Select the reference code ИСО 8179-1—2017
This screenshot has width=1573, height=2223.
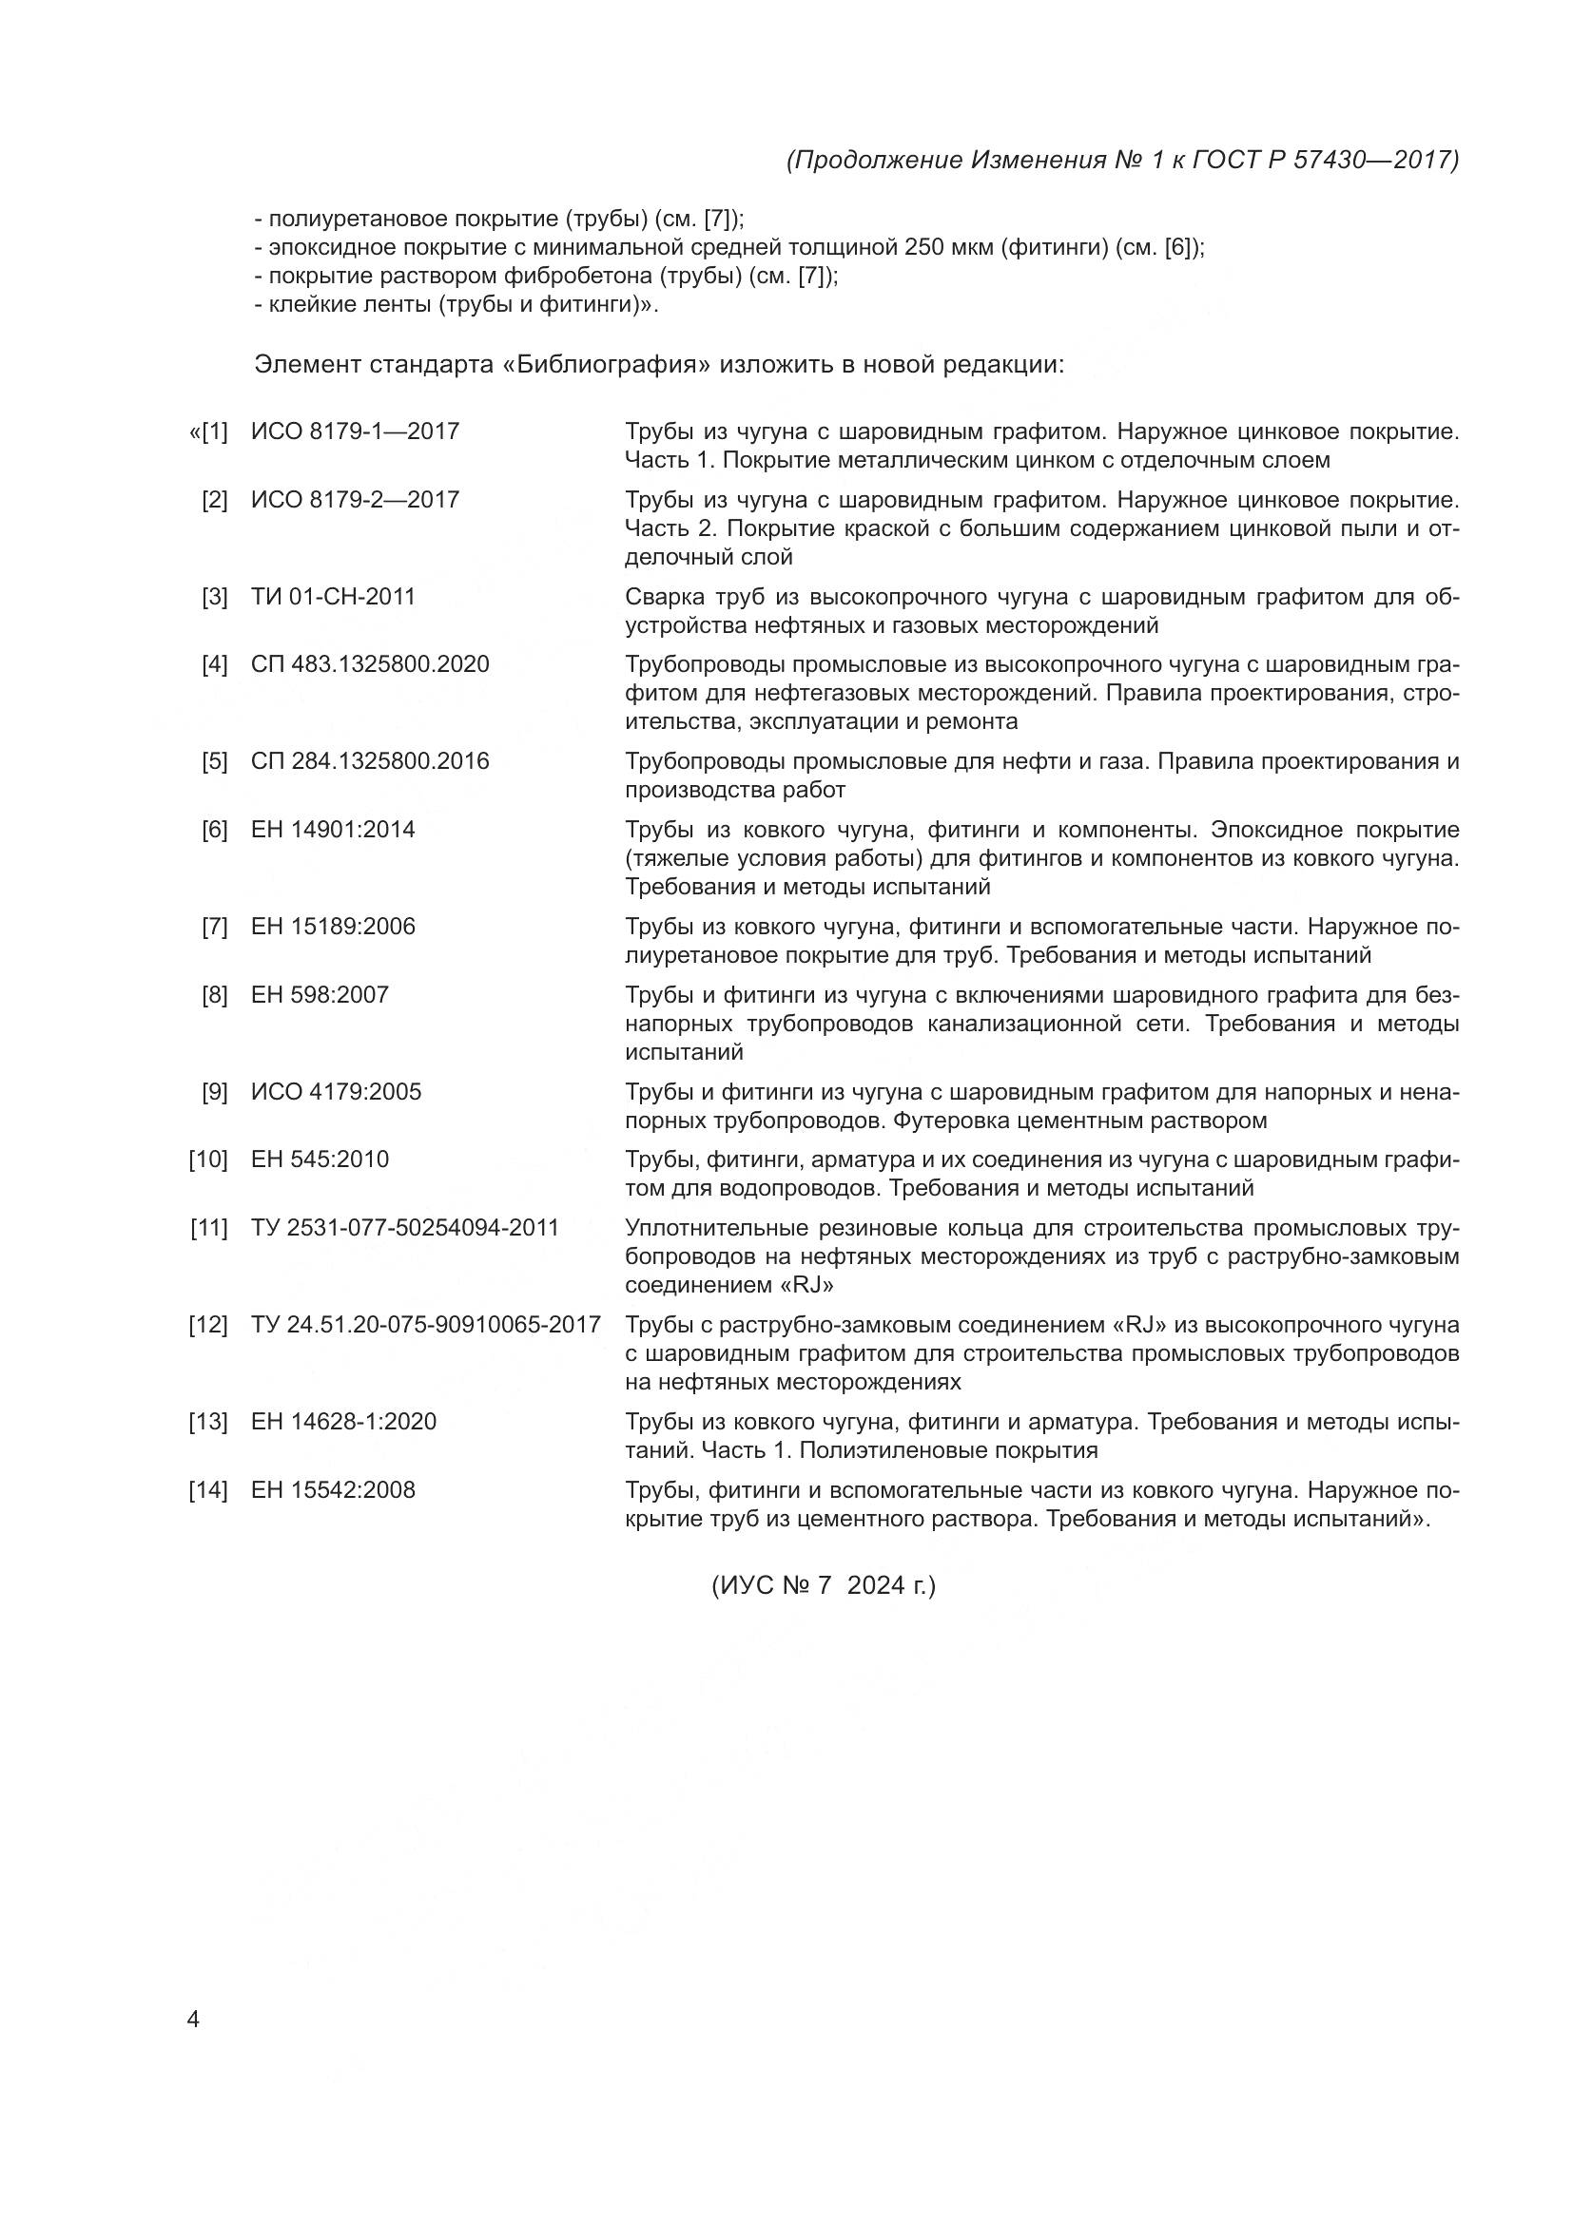(355, 431)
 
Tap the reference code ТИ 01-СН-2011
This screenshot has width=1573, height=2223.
(332, 597)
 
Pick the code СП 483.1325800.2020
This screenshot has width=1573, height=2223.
(370, 664)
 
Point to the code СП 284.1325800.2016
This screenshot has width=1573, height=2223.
(370, 761)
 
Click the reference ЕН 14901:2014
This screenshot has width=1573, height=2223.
(332, 830)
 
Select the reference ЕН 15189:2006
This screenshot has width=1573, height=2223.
(332, 927)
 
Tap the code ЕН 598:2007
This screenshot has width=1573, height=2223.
(320, 995)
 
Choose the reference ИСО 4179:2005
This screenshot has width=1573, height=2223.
(336, 1092)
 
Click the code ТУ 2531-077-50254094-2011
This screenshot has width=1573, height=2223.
(405, 1228)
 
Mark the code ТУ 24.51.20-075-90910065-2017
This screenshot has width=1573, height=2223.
(426, 1325)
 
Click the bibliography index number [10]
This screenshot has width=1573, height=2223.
(207, 1159)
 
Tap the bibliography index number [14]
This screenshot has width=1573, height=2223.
(207, 1490)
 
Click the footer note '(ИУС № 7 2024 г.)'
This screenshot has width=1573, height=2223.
(824, 1586)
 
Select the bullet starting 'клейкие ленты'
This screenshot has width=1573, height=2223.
(456, 305)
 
